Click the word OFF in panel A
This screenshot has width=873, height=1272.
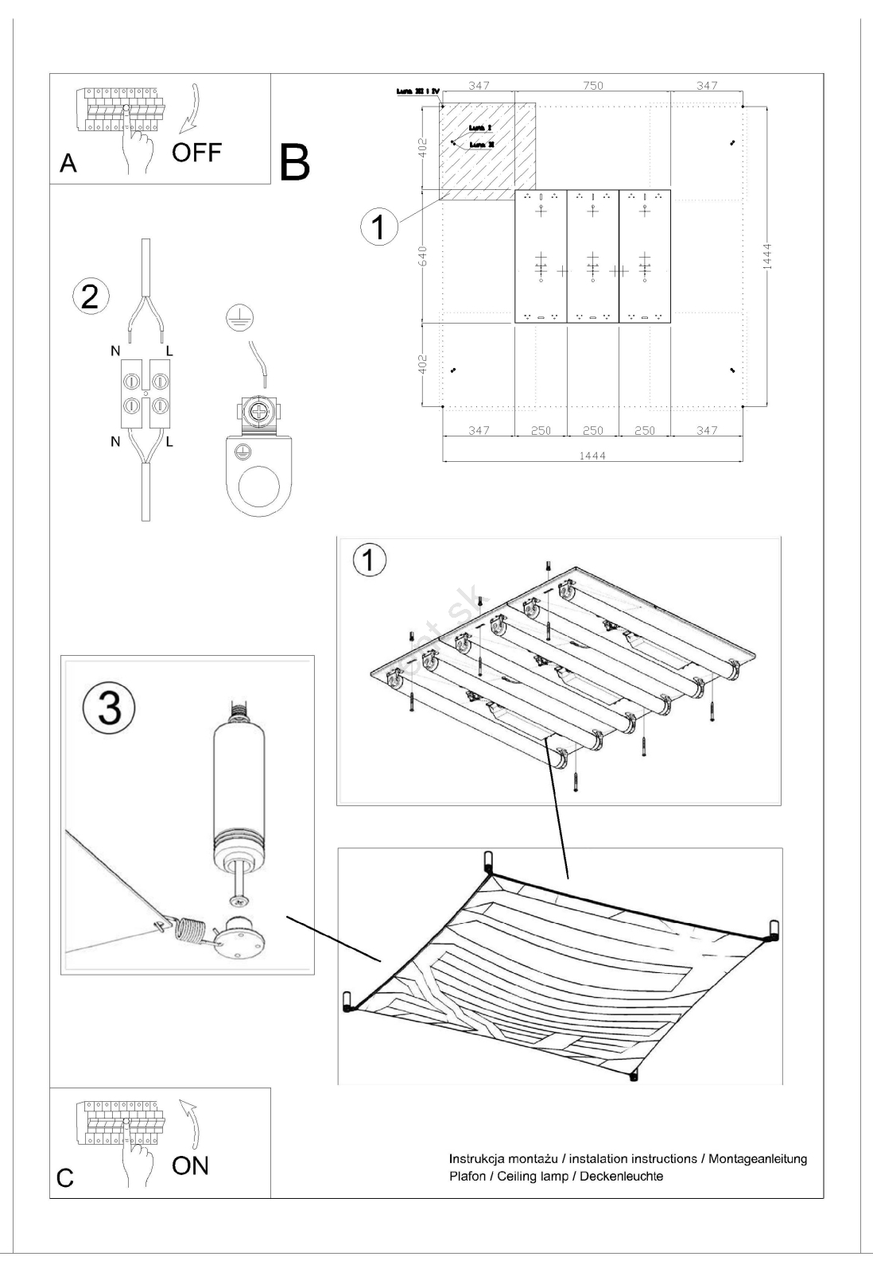(x=196, y=152)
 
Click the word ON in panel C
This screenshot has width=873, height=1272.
(x=190, y=1165)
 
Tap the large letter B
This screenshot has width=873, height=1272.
(x=293, y=162)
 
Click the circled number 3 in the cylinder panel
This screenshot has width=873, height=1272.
(x=109, y=708)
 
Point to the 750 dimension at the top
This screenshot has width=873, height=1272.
(x=593, y=86)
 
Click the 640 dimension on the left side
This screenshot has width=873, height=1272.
(x=424, y=256)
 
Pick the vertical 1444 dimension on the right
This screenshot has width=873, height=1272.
(x=766, y=256)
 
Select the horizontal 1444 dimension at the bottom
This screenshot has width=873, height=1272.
(x=593, y=456)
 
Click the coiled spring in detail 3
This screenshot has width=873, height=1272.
(x=188, y=929)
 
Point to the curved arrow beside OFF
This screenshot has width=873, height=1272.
(x=191, y=108)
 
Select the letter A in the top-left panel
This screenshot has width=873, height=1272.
(x=68, y=163)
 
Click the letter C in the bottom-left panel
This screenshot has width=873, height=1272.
(x=66, y=1178)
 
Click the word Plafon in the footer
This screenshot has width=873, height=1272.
(x=468, y=1176)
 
